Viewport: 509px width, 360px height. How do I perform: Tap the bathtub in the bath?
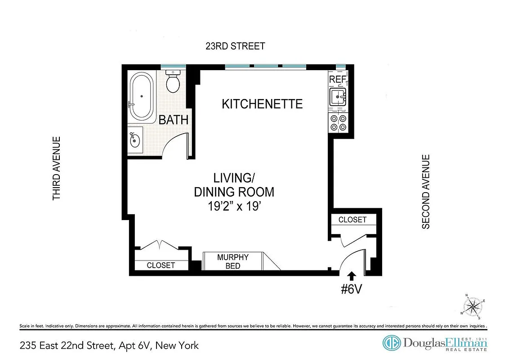(142, 96)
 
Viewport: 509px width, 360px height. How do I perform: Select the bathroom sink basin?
(135, 140)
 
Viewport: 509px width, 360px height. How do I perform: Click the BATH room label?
(173, 120)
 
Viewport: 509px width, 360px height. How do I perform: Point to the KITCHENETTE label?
(262, 104)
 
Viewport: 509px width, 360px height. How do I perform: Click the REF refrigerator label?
(338, 80)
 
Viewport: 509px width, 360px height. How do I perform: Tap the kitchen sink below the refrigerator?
(339, 97)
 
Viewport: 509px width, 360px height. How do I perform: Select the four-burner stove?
(339, 122)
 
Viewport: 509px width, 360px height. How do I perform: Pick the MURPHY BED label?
(233, 261)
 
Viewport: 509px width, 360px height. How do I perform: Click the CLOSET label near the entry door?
(353, 220)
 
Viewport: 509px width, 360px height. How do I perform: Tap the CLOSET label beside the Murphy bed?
(161, 265)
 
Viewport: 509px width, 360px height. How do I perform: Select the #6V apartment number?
(351, 289)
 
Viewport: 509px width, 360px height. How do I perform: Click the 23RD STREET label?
(235, 46)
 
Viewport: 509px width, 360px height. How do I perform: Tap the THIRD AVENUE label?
(57, 168)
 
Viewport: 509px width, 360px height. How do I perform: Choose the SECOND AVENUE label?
(426, 192)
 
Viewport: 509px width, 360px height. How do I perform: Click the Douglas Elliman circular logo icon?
(391, 343)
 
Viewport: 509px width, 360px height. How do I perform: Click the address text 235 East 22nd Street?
(67, 346)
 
